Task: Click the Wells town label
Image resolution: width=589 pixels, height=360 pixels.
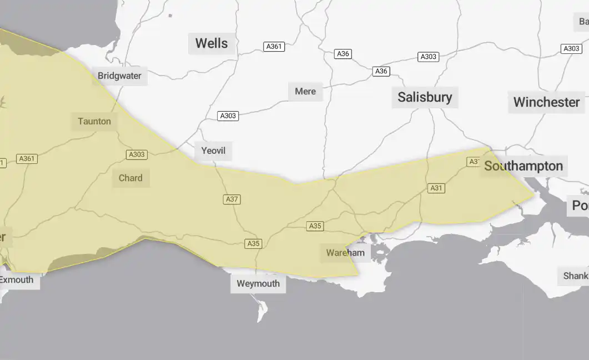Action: coord(212,43)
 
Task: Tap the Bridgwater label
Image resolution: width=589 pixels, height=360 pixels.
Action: coord(119,76)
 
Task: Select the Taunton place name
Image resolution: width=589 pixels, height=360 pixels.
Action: coord(94,121)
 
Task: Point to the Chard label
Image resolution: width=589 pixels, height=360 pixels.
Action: coord(130,178)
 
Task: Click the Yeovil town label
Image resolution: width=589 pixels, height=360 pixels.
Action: coord(213,151)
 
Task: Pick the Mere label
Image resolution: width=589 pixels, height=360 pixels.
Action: coord(305,91)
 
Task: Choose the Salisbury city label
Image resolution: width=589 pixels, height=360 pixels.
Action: coord(425,97)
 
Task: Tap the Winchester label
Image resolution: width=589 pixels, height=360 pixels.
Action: coord(546,102)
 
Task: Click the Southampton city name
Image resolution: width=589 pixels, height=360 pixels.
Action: coord(523,166)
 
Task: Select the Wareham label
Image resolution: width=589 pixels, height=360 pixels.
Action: coord(345,253)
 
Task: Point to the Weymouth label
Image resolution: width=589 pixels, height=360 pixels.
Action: coord(258,283)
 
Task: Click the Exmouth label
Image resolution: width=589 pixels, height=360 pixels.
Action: coord(17,279)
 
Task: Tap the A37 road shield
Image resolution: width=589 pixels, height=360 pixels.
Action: coord(231,199)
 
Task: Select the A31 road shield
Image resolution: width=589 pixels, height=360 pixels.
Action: coord(436,188)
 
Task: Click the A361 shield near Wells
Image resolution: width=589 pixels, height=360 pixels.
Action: coord(274,47)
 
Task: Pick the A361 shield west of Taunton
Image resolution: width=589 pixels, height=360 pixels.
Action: coord(27,159)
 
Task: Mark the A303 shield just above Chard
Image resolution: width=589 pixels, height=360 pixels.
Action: coord(137,154)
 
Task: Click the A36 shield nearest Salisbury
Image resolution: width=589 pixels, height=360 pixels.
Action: coord(381,71)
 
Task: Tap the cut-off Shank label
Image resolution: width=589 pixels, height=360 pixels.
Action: coord(576,276)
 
